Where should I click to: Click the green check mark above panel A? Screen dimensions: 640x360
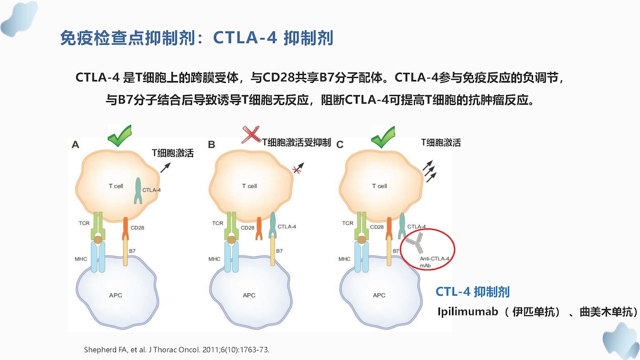[119, 135]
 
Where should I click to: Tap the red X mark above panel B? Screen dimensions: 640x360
[251, 134]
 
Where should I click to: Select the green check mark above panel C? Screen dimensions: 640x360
[383, 137]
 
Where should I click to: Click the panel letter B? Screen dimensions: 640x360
[211, 144]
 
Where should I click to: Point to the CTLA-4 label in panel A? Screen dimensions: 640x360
[151, 190]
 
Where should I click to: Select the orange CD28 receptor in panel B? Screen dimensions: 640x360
[259, 228]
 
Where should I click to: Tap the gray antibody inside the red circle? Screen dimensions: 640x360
[415, 243]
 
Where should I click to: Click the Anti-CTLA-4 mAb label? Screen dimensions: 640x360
[434, 262]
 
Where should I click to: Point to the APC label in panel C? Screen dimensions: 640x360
[379, 295]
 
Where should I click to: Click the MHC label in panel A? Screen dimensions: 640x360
[81, 259]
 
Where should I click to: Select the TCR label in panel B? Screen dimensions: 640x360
[217, 223]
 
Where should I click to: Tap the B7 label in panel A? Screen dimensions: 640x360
[132, 251]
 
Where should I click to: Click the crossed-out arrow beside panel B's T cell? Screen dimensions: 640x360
[298, 167]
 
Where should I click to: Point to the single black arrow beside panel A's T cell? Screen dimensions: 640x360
[165, 167]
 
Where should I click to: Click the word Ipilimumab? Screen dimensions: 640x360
[467, 311]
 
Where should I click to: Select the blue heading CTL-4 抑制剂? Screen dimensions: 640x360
[472, 291]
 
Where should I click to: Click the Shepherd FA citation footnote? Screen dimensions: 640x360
[176, 349]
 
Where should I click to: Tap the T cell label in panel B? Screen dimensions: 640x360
[249, 186]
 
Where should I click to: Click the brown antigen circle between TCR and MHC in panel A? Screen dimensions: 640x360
[98, 239]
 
